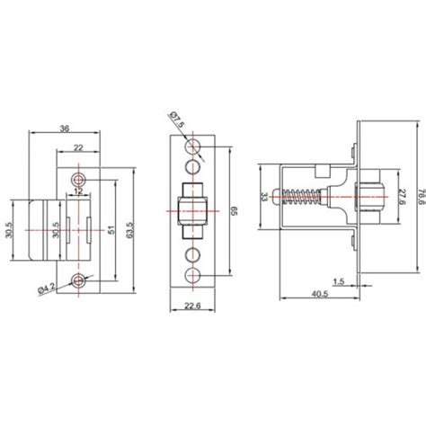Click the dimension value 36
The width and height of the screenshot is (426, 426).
pos(64,129)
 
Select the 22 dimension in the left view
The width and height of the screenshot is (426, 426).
pos(80,148)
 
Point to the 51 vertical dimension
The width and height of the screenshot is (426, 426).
pos(112,229)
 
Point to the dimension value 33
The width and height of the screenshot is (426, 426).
pos(263,198)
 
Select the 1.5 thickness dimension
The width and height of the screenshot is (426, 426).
pos(338,281)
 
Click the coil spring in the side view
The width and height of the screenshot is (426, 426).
pos(304,200)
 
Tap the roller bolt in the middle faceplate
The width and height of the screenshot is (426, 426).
pos(191,213)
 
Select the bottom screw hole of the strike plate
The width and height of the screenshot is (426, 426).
pos(80,280)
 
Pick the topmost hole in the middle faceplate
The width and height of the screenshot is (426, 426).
pos(191,146)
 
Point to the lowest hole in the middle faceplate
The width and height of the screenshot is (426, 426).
pos(191,275)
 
